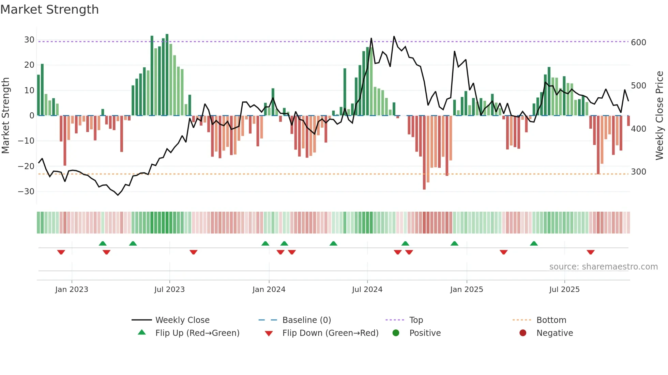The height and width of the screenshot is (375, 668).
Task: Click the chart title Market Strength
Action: pyautogui.click(x=49, y=10)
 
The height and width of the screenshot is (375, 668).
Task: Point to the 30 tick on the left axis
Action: pyautogui.click(x=29, y=40)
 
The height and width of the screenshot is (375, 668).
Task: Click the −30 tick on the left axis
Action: pyautogui.click(x=27, y=192)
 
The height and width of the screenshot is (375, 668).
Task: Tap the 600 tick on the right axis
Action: pyautogui.click(x=638, y=43)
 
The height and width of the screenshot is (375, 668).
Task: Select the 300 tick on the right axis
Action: pyautogui.click(x=638, y=172)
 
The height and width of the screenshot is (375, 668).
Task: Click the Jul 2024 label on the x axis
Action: pyautogui.click(x=367, y=290)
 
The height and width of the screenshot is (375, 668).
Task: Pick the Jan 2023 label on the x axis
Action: pyautogui.click(x=72, y=290)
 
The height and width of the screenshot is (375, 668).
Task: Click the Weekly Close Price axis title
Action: pyautogui.click(x=659, y=116)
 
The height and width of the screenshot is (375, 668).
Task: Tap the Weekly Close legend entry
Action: pyautogui.click(x=182, y=320)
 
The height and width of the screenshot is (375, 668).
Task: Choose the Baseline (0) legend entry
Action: pyautogui.click(x=306, y=320)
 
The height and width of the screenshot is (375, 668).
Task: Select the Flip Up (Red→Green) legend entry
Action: pyautogui.click(x=197, y=333)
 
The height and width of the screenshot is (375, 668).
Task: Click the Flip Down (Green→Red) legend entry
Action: pyautogui.click(x=330, y=333)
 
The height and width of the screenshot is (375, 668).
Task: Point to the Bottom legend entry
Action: pyautogui.click(x=551, y=320)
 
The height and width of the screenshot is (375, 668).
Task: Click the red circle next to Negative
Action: pyautogui.click(x=523, y=333)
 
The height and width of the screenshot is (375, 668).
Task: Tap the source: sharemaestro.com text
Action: pyautogui.click(x=603, y=267)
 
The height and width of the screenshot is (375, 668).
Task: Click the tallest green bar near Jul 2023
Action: pyautogui.click(x=167, y=75)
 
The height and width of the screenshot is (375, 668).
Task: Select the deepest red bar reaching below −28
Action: pyautogui.click(x=424, y=153)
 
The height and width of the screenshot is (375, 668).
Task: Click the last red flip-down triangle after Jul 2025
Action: pyautogui.click(x=591, y=252)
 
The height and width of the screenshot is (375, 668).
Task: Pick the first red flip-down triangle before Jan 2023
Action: pyautogui.click(x=61, y=252)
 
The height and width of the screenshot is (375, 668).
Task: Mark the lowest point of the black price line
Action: pyautogui.click(x=118, y=195)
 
